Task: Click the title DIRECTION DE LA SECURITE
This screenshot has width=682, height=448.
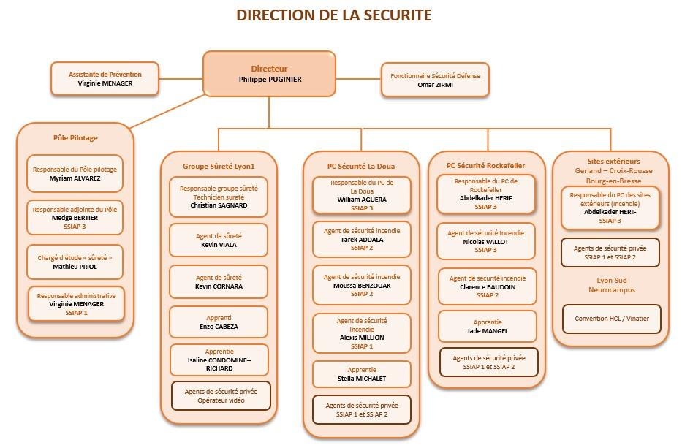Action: pyautogui.click(x=333, y=15)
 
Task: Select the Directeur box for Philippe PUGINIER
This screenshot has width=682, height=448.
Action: pyautogui.click(x=270, y=74)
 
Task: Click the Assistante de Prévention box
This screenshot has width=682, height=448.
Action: pyautogui.click(x=105, y=79)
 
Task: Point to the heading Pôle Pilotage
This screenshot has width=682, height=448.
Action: pyautogui.click(x=75, y=137)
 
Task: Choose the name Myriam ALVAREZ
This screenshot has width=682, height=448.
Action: pyautogui.click(x=75, y=178)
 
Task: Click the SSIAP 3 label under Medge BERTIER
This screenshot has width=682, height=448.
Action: pyautogui.click(x=75, y=227)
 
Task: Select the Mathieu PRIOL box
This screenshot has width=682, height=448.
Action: pyautogui.click(x=75, y=262)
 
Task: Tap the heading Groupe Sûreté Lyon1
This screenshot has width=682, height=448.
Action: pyautogui.click(x=219, y=166)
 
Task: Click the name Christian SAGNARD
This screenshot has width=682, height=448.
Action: pyautogui.click(x=219, y=206)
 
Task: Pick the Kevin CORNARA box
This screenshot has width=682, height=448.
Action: pyautogui.click(x=219, y=282)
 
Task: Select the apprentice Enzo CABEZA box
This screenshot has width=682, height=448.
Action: pyautogui.click(x=219, y=322)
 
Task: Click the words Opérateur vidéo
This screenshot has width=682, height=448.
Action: pyautogui.click(x=220, y=402)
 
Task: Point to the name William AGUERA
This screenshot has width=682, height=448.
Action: pyautogui.click(x=362, y=199)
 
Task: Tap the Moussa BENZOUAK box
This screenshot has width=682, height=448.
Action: pyautogui.click(x=362, y=285)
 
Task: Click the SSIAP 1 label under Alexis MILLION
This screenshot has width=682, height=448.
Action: pyautogui.click(x=362, y=346)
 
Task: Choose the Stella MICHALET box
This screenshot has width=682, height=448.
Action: pyautogui.click(x=362, y=374)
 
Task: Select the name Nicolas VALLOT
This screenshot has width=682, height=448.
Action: pyautogui.click(x=485, y=242)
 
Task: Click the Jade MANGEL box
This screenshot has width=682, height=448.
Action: pyautogui.click(x=487, y=327)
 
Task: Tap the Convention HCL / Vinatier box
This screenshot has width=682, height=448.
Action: pyautogui.click(x=610, y=319)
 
